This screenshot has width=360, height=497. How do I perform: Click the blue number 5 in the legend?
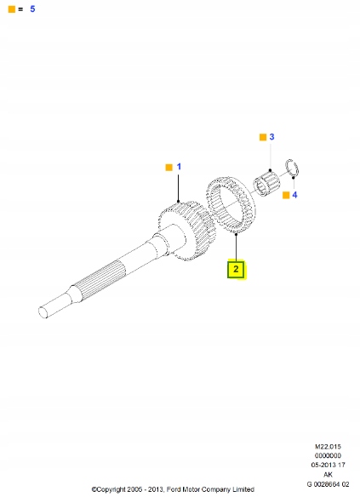tap(32, 9)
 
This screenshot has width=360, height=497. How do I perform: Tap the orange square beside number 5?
tap(12, 9)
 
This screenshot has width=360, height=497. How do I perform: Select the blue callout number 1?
tap(179, 167)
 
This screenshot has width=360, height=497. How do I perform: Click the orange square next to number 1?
tap(169, 168)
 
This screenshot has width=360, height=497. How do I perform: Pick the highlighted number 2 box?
tap(236, 269)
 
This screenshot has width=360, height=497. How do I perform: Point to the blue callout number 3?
tap(271, 137)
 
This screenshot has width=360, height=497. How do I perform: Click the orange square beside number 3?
tap(263, 137)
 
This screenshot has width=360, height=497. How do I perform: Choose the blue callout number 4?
tap(294, 195)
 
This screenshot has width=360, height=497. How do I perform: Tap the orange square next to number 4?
tap(286, 195)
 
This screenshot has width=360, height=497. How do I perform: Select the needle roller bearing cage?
tap(266, 183)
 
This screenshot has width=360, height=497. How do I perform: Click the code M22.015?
tap(328, 447)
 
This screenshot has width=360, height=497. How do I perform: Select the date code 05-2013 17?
tap(328, 465)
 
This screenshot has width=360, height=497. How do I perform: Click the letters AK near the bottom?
tap(328, 475)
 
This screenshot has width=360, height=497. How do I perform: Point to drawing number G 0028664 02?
tap(328, 484)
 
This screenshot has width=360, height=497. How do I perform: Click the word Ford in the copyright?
tap(174, 489)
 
